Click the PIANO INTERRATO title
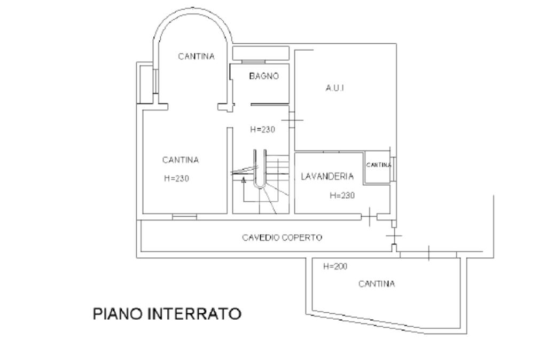coord(167,313)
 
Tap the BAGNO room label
coord(264,76)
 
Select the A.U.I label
coord(334,88)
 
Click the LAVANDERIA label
coord(327,177)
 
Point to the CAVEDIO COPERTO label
coord(282,238)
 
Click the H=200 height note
coord(335,266)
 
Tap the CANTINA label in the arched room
coord(196,56)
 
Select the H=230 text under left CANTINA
coord(176,178)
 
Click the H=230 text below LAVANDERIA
coord(342,195)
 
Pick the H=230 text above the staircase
coord(263,129)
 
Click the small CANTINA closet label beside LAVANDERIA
coord(379,165)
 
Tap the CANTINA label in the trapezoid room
coord(377,284)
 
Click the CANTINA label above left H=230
coord(181,160)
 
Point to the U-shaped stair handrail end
coord(260,186)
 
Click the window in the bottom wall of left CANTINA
coord(184,217)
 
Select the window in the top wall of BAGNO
coord(254,62)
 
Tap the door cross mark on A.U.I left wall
coord(292,120)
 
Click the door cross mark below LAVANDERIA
coord(370,217)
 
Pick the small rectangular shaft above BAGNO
coord(261,53)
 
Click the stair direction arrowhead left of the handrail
coord(244,180)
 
